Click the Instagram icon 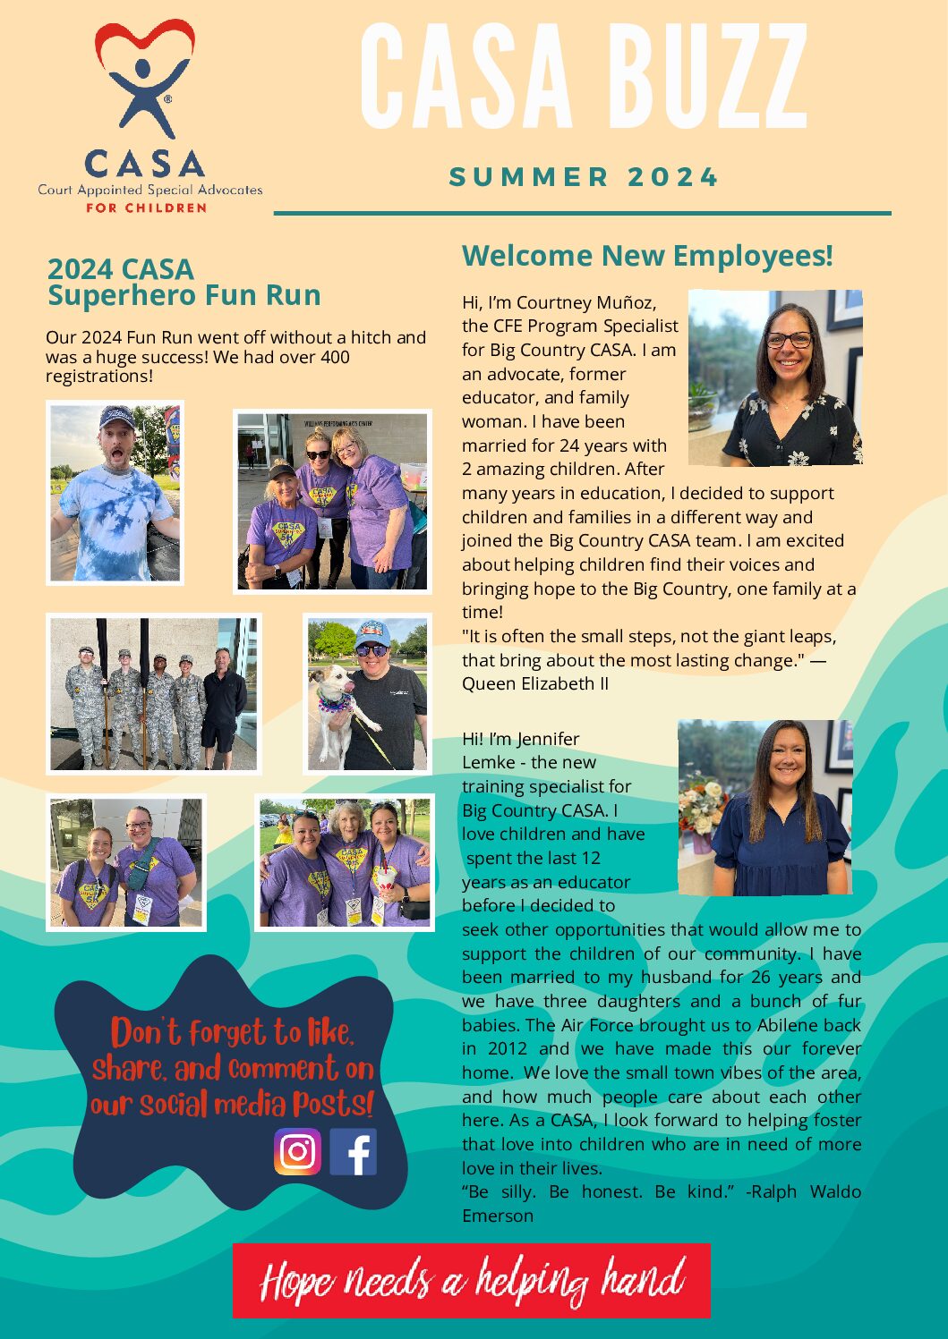click(297, 1151)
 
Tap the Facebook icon click(354, 1151)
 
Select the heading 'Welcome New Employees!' click(647, 256)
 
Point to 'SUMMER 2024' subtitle click(584, 177)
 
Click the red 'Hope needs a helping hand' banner click(471, 1281)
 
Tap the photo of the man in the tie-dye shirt click(115, 493)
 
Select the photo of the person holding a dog click(367, 693)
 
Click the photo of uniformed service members click(153, 694)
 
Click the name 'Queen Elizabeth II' click(535, 684)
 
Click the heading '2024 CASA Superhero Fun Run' click(184, 282)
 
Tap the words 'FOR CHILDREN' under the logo click(146, 208)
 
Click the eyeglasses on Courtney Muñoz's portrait click(788, 340)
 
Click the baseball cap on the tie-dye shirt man click(116, 417)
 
